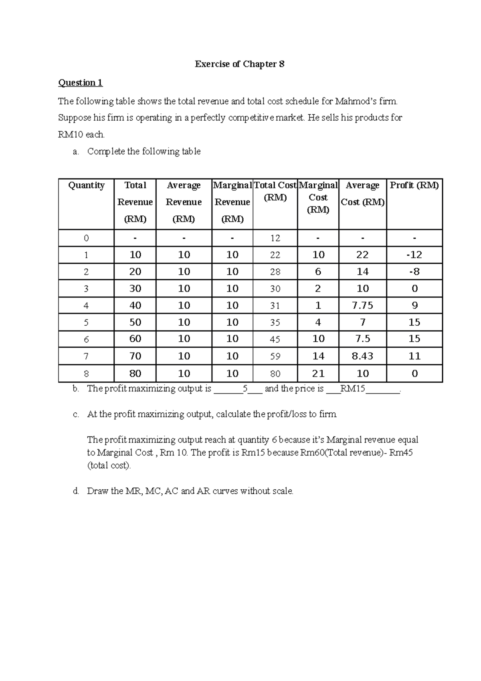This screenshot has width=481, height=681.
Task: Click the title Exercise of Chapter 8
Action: pos(240,64)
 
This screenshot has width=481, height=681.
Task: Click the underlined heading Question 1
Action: pos(80,83)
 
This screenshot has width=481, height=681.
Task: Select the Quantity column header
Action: pos(86,185)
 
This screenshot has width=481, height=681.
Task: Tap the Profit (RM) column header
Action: pos(414,185)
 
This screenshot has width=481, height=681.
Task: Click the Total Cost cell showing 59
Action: pos(275,356)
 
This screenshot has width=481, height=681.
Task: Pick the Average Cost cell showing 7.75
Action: pos(362,306)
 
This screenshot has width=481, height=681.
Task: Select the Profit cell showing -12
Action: pos(414,255)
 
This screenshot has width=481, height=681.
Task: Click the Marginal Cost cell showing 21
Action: pos(318,374)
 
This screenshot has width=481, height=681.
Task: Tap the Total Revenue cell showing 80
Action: pos(135,374)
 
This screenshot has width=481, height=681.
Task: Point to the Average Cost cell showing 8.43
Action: pos(362,356)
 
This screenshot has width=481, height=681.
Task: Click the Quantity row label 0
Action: pos(86,238)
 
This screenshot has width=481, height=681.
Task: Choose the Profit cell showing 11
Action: pos(414,356)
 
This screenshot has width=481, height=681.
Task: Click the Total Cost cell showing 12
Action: pos(275,238)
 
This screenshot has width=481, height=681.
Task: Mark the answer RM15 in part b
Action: pos(352,389)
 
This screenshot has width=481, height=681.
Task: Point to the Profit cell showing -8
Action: pos(414,272)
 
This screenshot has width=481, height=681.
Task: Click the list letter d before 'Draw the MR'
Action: pos(76,491)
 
